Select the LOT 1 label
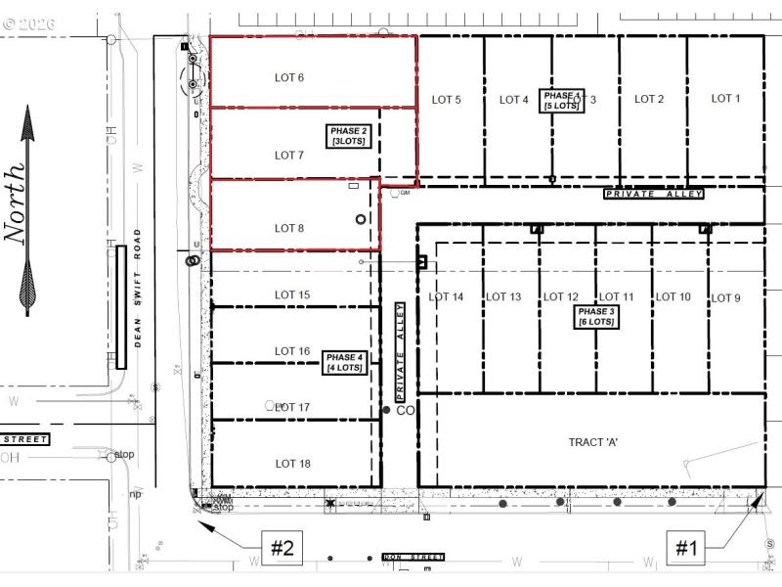(x=725, y=98)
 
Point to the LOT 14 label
(x=446, y=296)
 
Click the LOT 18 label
(x=292, y=464)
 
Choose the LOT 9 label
(x=725, y=298)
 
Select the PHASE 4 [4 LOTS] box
(x=344, y=363)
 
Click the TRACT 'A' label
(x=593, y=442)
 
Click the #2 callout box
(x=282, y=549)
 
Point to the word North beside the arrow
(x=15, y=201)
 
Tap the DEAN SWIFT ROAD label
(x=138, y=288)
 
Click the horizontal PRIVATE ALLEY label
(x=654, y=195)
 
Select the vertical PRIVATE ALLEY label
(x=400, y=350)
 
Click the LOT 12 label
(x=561, y=297)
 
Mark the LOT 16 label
(x=292, y=351)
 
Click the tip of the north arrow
(x=27, y=106)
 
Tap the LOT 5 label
(x=445, y=99)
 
